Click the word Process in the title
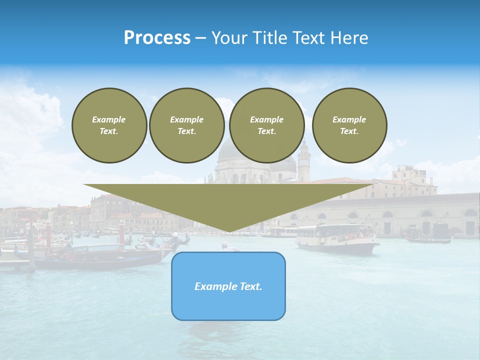click(x=157, y=38)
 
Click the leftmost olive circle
click(x=109, y=125)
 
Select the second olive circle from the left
click(x=187, y=125)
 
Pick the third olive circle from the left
click(x=267, y=125)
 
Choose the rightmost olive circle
click(x=349, y=125)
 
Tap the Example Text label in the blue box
click(x=228, y=286)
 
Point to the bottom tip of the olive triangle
click(x=228, y=231)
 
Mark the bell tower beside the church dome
click(x=304, y=161)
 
